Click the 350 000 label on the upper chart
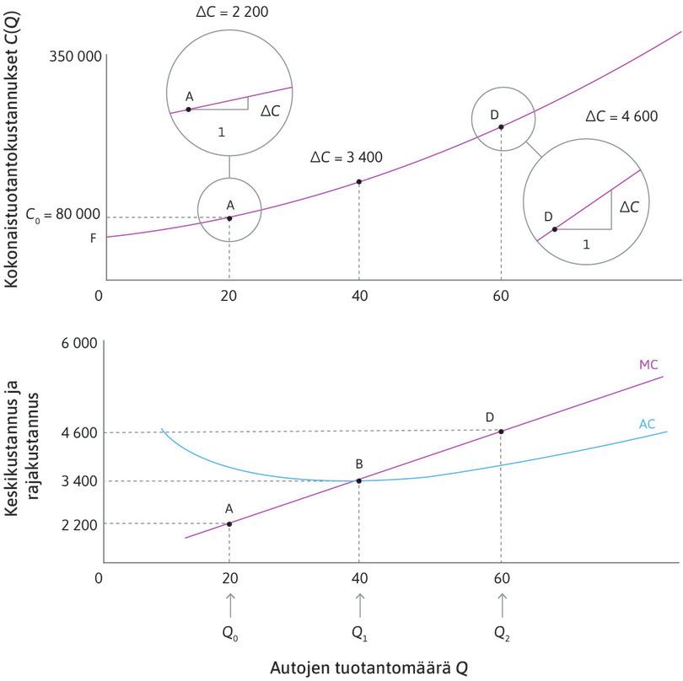pos(76,57)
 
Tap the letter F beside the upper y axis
pos(94,239)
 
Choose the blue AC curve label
pos(647,424)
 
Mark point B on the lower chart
pos(359,480)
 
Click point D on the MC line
pos(502,432)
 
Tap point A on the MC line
pos(229,524)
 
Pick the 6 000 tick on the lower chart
pos(78,343)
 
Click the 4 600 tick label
pos(78,432)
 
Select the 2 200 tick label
pos(78,524)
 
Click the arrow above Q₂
pos(503,604)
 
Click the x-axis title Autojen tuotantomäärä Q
pos(368,667)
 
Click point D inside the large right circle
pos(554,228)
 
